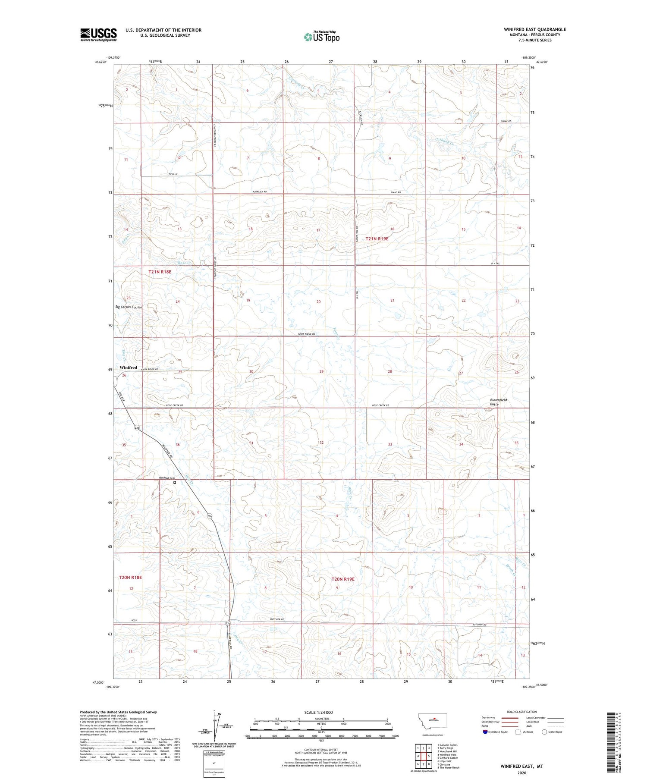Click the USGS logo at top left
pyautogui.click(x=98, y=35)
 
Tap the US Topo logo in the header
pyautogui.click(x=321, y=37)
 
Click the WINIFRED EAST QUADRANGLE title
pyautogui.click(x=534, y=29)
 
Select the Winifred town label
pyautogui.click(x=128, y=367)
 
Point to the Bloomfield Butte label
pyautogui.click(x=498, y=402)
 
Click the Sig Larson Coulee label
pyautogui.click(x=129, y=307)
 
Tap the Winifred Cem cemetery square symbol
pyautogui.click(x=175, y=483)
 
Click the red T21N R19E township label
pyautogui.click(x=377, y=239)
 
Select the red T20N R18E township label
pyautogui.click(x=130, y=577)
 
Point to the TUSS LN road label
pyautogui.click(x=173, y=174)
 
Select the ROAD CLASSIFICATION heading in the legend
pyautogui.click(x=522, y=712)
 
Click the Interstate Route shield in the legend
pyautogui.click(x=486, y=732)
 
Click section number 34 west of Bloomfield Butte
pyautogui.click(x=461, y=444)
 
